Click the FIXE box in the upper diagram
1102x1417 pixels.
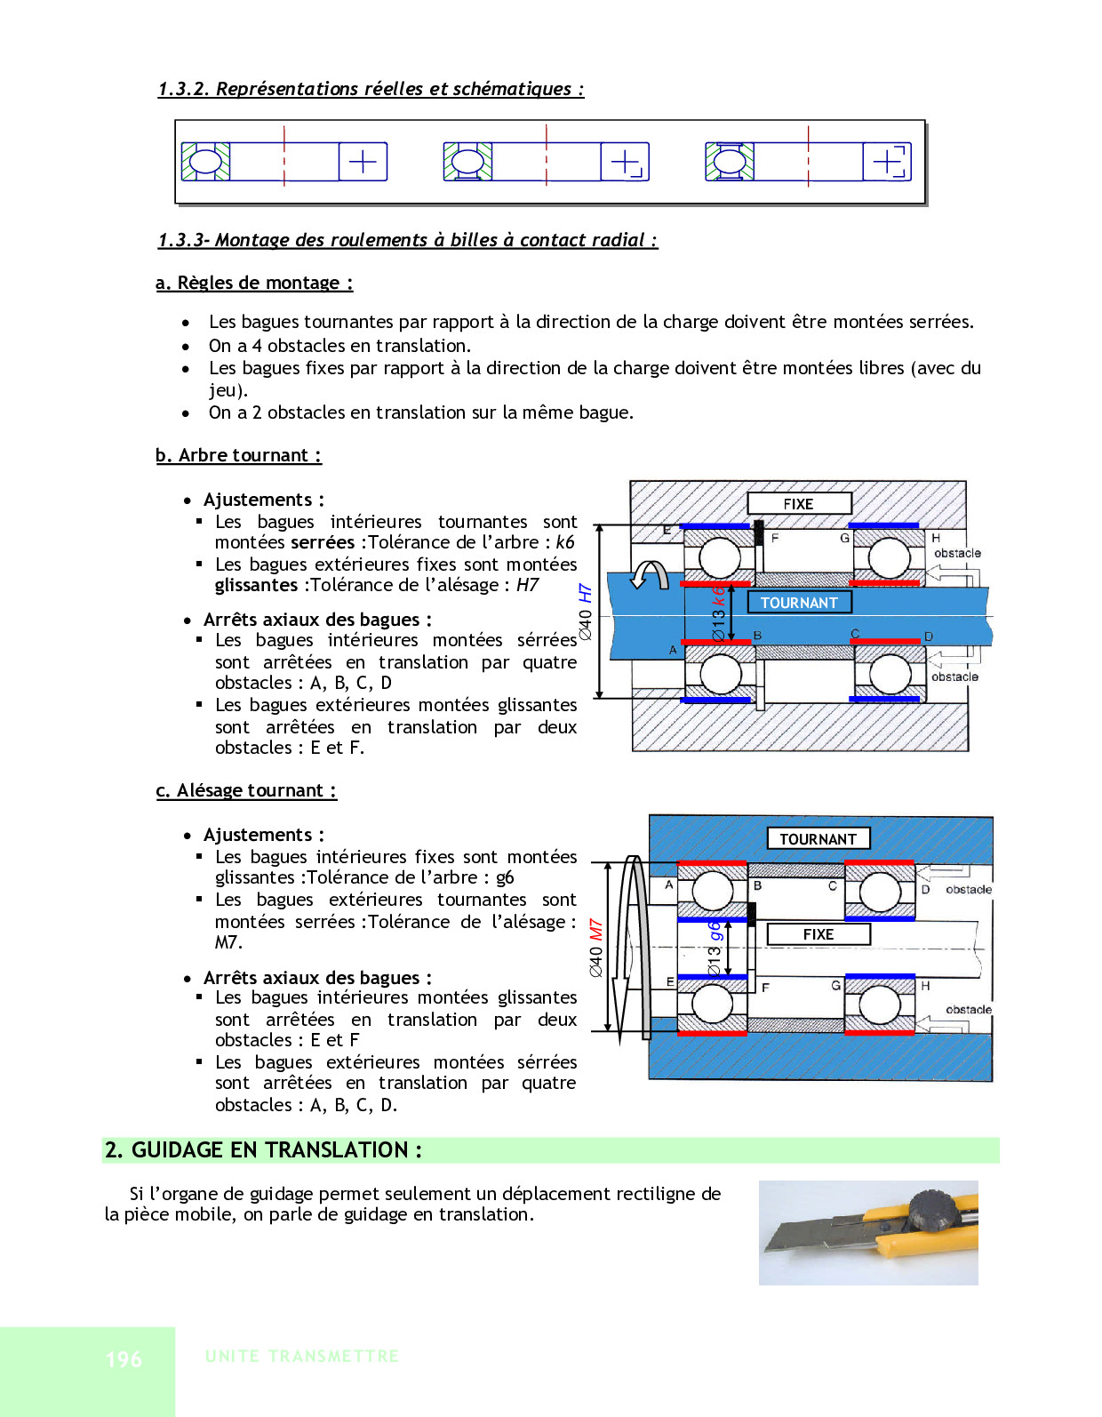799,504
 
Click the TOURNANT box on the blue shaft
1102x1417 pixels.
799,603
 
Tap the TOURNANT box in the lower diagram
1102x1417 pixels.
818,838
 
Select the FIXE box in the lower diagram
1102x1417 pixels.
818,934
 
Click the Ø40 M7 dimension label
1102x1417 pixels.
596,947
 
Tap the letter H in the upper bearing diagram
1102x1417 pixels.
936,538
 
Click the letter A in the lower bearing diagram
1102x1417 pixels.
669,885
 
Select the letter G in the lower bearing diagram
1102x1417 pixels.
835,985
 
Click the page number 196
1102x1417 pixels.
124,1359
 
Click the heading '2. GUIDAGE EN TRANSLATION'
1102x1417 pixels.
263,1150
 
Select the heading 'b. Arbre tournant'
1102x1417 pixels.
238,455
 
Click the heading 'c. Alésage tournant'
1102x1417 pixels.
246,790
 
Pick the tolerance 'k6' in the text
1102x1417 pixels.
565,542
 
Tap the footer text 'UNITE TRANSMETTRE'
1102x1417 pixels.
302,1357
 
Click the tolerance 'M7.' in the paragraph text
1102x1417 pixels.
228,942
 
